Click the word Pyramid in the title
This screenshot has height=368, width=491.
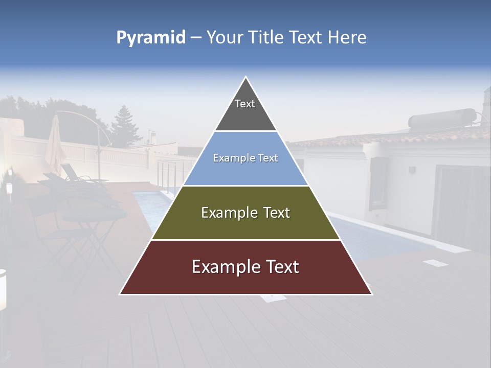151,38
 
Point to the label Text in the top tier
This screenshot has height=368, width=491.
245,104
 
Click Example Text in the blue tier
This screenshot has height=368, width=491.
245,158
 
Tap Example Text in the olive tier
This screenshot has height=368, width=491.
245,213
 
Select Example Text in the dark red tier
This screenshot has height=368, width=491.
245,267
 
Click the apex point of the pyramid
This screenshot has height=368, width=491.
246,78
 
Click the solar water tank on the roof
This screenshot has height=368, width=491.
442,119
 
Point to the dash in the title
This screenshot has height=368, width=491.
196,38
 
